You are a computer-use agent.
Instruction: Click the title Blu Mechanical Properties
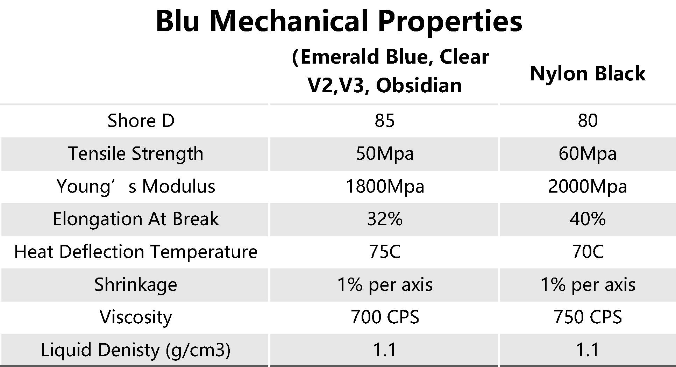pos(339,21)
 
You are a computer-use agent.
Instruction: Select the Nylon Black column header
pos(588,73)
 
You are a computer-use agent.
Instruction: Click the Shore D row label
pos(141,121)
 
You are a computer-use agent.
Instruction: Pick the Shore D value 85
pos(385,121)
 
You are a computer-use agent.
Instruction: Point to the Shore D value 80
pos(588,121)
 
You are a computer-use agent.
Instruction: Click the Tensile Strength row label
pos(136,153)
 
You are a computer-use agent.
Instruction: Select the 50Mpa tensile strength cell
pos(385,154)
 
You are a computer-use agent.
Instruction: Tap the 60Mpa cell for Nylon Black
pos(588,154)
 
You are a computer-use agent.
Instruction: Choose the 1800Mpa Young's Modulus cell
pos(385,186)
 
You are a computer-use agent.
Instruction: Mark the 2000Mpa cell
pos(588,186)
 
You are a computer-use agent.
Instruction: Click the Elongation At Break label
pos(136,219)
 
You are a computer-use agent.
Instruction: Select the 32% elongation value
pos(385,219)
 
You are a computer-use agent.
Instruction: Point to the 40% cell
pos(588,219)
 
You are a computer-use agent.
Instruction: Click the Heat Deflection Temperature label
pos(136,252)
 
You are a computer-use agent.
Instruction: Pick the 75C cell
pos(385,252)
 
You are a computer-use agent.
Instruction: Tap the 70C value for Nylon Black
pos(588,252)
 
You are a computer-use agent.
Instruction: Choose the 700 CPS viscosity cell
pos(385,317)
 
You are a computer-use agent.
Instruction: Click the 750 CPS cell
pos(588,317)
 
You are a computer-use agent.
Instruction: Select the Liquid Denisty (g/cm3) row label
pos(136,350)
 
